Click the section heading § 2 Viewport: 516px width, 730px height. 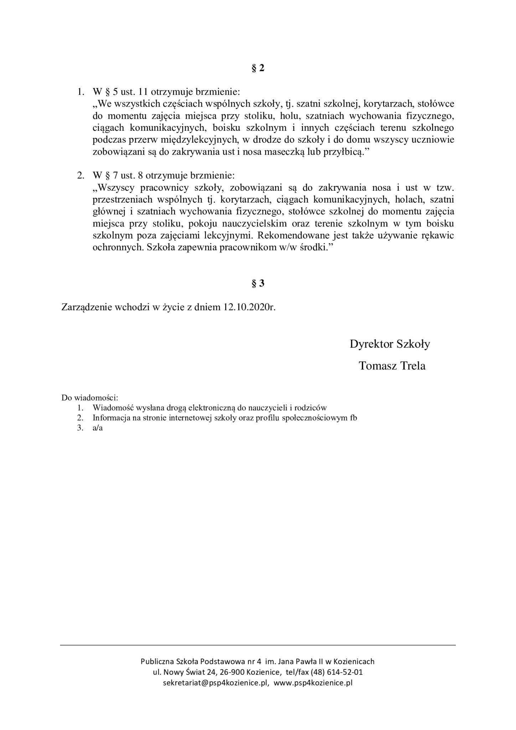pos(258,68)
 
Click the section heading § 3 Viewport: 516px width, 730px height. pos(258,283)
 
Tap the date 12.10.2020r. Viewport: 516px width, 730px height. pos(250,307)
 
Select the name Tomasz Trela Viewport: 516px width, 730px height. pos(392,366)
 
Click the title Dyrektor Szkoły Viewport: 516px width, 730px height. pos(390,344)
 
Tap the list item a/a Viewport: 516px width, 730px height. pos(97,428)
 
